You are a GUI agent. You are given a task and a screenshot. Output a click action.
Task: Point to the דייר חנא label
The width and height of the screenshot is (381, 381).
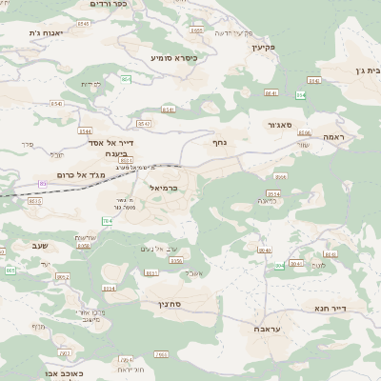pos(332,308)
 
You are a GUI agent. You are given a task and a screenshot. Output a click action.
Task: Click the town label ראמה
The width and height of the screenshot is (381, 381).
pos(333,137)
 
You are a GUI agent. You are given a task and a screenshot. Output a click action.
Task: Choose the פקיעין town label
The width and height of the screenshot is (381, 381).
pos(262,47)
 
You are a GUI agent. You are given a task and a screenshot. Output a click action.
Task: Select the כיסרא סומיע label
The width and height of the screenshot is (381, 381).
pos(174,57)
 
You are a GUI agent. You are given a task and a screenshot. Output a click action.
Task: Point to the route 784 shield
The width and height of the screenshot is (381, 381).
pos(107,221)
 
